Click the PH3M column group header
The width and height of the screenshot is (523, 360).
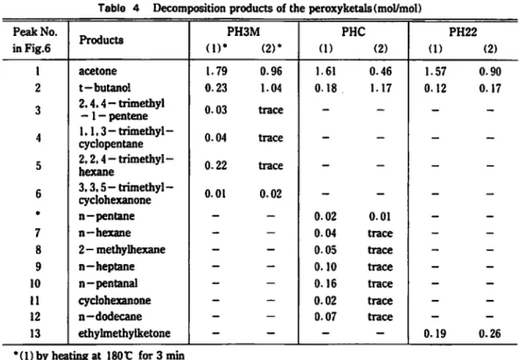coord(244,32)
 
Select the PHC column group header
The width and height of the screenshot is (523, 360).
coord(353,32)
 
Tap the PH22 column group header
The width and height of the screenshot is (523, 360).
coord(463,32)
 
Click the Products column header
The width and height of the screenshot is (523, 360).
coord(101,40)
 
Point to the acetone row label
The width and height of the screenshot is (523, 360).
coord(98,71)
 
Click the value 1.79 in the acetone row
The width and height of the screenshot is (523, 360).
coord(216,71)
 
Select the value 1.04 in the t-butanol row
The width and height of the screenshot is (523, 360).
coord(271,88)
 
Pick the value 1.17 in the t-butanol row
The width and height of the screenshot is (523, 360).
coord(380,88)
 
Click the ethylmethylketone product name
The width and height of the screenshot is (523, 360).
coord(125,333)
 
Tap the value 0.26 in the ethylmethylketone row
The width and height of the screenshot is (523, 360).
coord(490,333)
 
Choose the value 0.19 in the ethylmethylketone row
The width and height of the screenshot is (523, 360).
coord(435,333)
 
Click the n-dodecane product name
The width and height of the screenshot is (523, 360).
coord(111,317)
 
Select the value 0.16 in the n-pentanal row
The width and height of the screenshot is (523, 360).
coord(326,283)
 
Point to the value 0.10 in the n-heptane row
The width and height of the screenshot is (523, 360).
coord(326,267)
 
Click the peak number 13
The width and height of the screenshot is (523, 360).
coord(35,333)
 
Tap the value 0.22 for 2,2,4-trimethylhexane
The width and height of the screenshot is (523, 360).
coord(216,165)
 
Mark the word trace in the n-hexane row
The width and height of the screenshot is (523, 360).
coord(380,233)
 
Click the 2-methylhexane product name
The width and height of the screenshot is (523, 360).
coord(122,249)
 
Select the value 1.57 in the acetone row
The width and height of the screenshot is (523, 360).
coord(435,71)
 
